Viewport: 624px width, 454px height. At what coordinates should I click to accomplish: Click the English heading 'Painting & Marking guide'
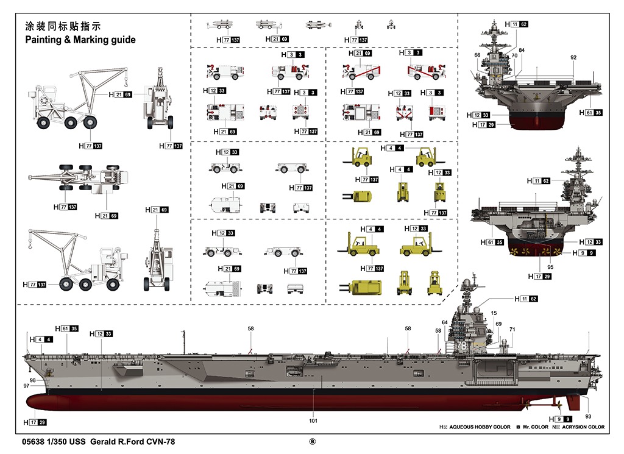[x=80, y=40]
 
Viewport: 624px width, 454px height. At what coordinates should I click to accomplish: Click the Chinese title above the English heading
[x=63, y=26]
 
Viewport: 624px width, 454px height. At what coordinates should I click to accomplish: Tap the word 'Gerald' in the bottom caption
[x=102, y=442]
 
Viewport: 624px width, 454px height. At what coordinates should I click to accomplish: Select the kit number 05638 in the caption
[x=33, y=442]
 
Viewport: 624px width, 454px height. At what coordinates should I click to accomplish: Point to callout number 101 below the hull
[x=313, y=420]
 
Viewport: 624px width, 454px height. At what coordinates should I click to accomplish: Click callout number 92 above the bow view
[x=573, y=57]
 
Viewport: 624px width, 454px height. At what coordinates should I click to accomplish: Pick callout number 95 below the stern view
[x=550, y=267]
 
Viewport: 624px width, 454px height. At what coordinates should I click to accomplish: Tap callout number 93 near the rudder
[x=588, y=416]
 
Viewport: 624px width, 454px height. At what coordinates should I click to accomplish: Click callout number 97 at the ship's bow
[x=26, y=386]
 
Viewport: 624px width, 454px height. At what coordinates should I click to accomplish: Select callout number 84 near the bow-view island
[x=522, y=50]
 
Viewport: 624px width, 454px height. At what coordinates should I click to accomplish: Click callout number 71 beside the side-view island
[x=512, y=329]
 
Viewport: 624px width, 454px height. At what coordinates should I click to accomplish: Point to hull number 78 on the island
[x=462, y=346]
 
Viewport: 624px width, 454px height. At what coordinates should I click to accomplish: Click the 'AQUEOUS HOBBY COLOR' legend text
[x=480, y=427]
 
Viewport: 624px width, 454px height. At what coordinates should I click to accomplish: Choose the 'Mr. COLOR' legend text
[x=535, y=427]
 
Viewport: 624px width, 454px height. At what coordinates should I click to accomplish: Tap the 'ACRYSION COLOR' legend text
[x=583, y=427]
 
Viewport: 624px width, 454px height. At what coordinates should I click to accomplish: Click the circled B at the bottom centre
[x=313, y=441]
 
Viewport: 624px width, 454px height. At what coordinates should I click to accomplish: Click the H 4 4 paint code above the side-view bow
[x=41, y=339]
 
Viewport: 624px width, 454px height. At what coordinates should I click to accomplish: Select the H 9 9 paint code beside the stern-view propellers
[x=584, y=253]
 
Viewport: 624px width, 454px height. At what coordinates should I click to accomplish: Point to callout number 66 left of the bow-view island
[x=477, y=55]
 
